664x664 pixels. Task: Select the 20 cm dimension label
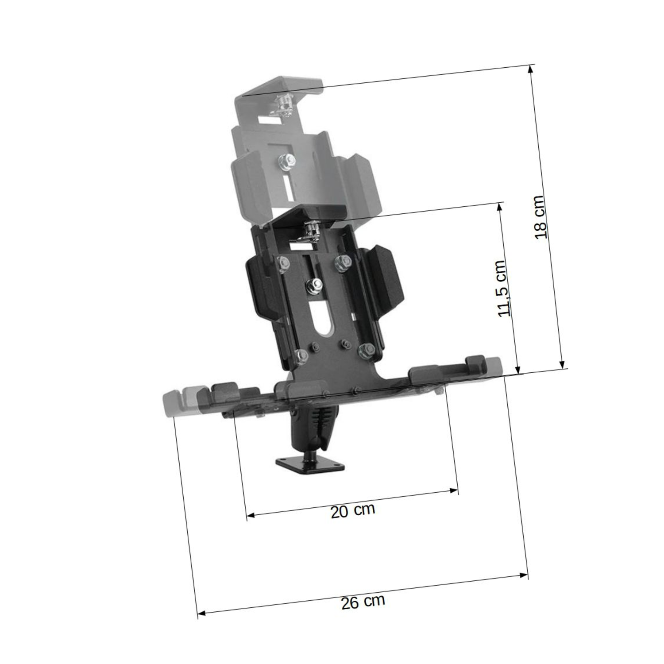click(353, 510)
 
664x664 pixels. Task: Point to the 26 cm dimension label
click(363, 602)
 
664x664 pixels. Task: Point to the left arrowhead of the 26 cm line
click(202, 613)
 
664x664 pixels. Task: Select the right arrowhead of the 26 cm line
click(523, 575)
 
